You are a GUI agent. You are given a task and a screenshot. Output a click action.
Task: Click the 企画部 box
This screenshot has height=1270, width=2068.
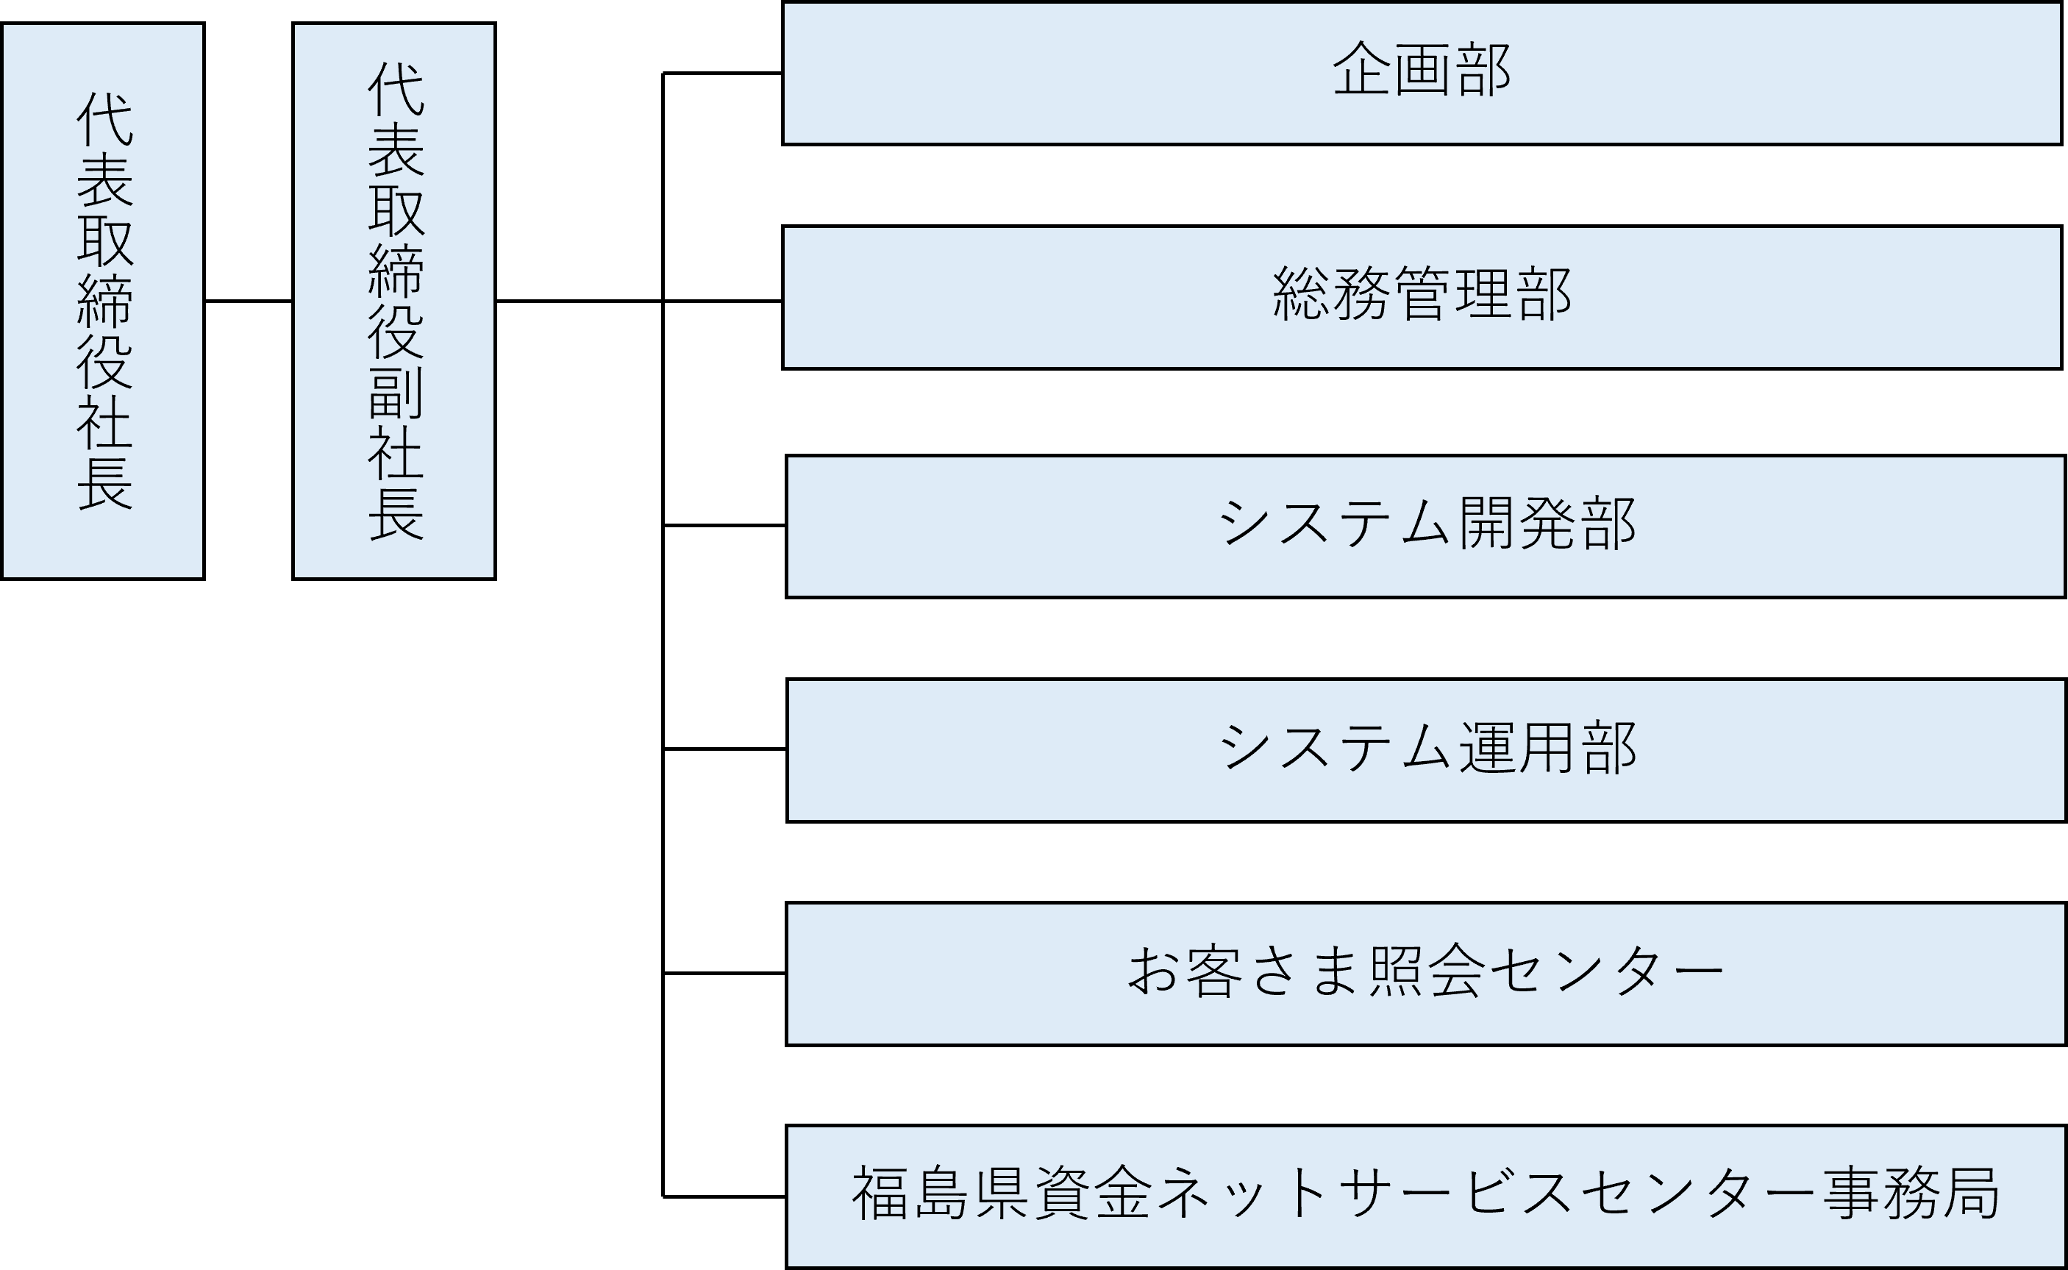[1422, 73]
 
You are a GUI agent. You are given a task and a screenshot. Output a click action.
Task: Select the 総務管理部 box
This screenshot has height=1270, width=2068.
[1422, 296]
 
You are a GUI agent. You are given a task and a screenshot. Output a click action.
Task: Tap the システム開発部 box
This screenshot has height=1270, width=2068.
[1425, 526]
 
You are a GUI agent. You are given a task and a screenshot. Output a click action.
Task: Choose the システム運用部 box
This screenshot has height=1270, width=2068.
[1426, 749]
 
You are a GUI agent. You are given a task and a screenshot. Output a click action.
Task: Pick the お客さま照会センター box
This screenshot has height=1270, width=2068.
[1425, 974]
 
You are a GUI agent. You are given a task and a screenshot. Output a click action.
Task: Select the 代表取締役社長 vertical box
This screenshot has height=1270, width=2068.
[102, 301]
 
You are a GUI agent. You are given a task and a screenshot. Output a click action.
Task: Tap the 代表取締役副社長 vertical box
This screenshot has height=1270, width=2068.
[394, 301]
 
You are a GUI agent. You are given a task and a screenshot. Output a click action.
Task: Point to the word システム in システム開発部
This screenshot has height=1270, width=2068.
[1334, 524]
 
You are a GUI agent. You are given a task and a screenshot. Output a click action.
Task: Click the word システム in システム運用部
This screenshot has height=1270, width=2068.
[1334, 748]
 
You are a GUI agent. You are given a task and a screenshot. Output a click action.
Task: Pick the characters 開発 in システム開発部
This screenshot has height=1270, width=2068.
[1517, 524]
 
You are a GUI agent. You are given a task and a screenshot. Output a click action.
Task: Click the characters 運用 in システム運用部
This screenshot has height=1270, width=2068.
[1517, 748]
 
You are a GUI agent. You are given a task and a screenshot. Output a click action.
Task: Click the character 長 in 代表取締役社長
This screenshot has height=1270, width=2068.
[105, 484]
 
